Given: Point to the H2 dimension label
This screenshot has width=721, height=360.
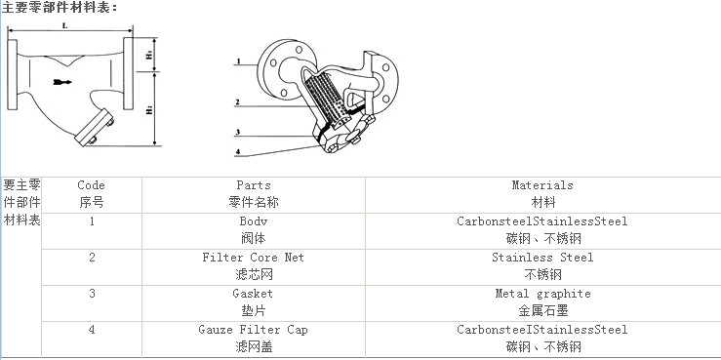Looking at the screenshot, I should pos(149,110).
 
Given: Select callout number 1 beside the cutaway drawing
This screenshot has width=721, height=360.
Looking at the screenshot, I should pos(237,60).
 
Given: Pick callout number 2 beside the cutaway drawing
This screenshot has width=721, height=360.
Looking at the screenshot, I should pos(237,101).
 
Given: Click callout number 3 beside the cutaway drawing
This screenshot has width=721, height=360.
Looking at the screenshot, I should pos(237,132).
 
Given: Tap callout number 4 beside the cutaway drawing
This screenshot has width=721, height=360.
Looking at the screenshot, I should pos(237,151).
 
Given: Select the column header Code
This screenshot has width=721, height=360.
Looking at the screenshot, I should pos(91,185).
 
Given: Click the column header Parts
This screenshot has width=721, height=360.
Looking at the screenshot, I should pos(254,185).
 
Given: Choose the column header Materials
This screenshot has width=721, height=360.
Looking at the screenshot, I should pos(542,185).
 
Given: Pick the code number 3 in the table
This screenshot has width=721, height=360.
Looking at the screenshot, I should pos(92,294).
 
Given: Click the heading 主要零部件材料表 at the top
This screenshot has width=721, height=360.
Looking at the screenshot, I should pos(59,8).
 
